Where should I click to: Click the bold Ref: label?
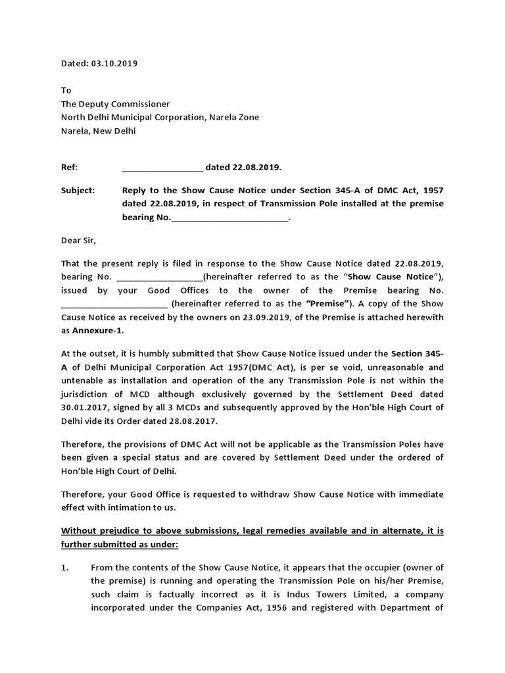coord(69,167)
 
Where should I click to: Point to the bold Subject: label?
coord(78,190)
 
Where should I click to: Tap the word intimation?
coord(133,507)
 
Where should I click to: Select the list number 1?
coord(64,567)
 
